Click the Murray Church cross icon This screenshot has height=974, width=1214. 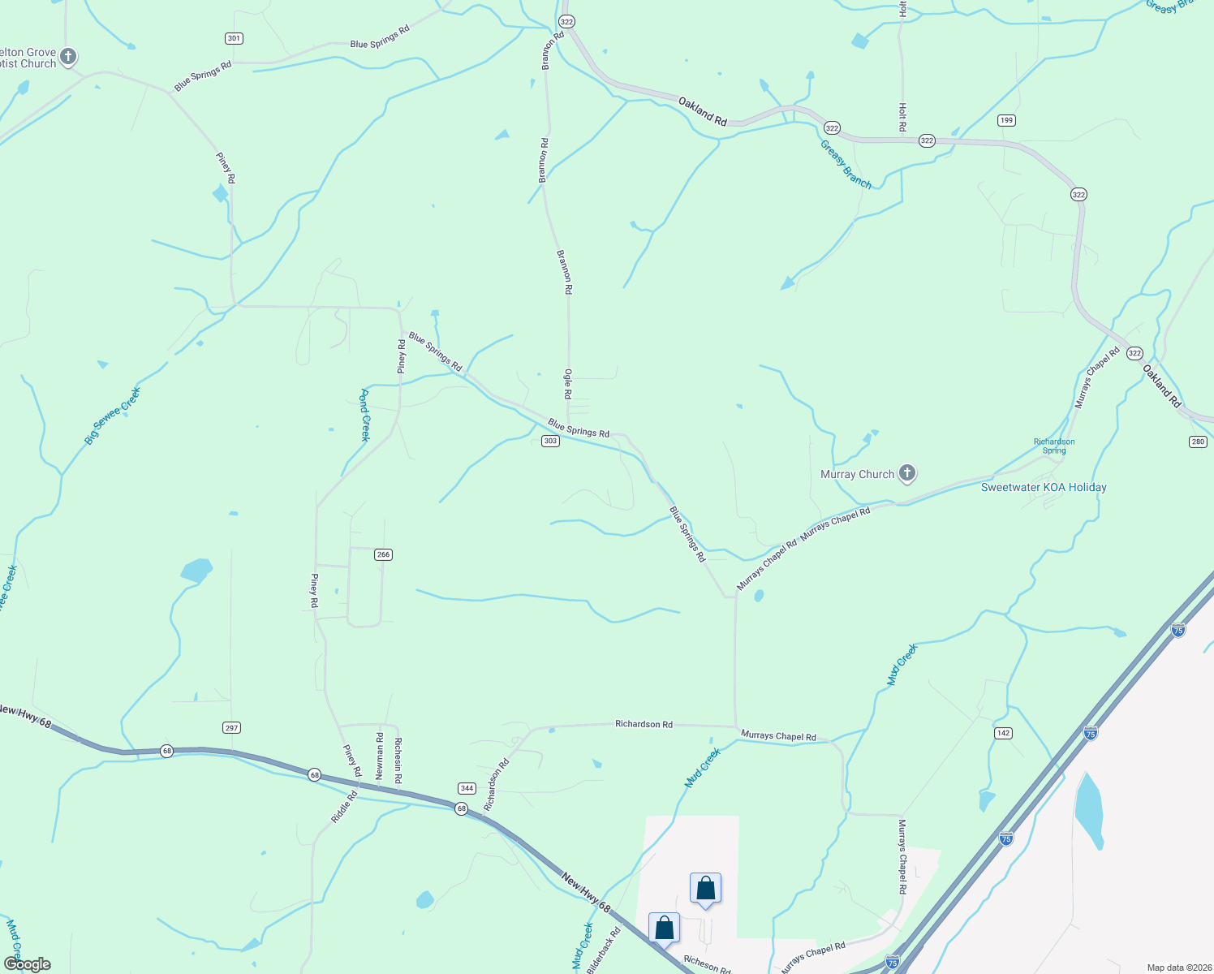pos(907,474)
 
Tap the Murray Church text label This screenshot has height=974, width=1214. pos(857,474)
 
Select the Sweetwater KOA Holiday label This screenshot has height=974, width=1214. pos(1044,487)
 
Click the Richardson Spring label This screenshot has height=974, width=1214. pos(1054,446)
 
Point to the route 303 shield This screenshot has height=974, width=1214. pos(550,441)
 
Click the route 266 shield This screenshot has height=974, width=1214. pos(383,554)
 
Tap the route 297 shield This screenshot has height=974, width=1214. pos(231,727)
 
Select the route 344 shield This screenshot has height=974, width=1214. pos(467,788)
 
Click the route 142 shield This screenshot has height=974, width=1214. pos(1003,733)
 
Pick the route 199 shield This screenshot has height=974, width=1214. pos(1006,120)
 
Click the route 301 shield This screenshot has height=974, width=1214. pos(234,38)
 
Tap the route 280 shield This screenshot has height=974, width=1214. pos(1198,442)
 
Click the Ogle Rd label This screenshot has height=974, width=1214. pos(568,384)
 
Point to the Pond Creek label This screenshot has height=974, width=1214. pos(365,415)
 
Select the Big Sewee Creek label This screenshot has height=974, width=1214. pos(113,416)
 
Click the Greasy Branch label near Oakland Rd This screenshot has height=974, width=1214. pos(846,165)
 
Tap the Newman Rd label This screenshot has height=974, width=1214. pos(380,756)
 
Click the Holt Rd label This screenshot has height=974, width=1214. pos(902,116)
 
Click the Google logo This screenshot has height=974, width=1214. pos(28,964)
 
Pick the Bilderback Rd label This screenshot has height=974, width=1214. pos(604,950)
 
